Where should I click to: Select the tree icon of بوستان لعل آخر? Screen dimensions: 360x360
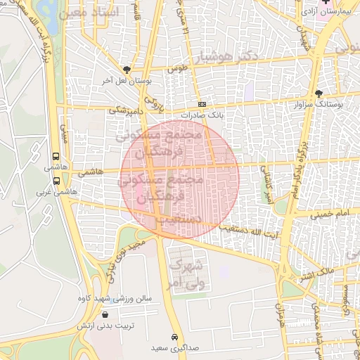coord(127,70)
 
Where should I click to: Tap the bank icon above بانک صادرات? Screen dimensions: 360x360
coord(202,104)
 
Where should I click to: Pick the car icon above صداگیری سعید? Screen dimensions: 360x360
coord(174,336)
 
